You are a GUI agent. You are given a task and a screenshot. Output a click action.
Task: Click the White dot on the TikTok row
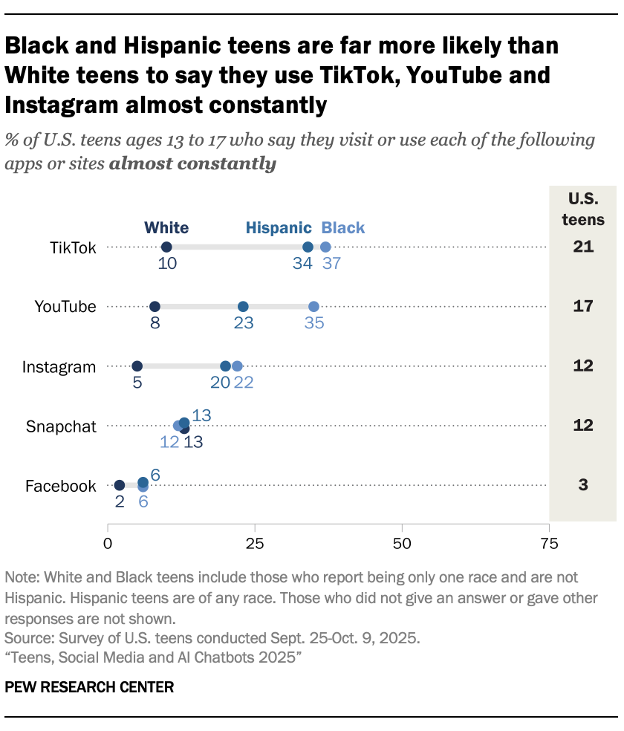[166, 247]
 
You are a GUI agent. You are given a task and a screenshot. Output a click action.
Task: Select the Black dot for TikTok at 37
[325, 247]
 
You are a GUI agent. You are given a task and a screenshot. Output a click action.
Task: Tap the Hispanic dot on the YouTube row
[243, 307]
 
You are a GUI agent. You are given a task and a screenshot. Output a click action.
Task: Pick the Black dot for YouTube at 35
[313, 307]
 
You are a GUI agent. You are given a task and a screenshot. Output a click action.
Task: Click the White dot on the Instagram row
[137, 366]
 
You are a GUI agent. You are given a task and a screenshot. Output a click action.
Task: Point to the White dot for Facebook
[120, 485]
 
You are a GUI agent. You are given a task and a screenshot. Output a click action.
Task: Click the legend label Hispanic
[279, 227]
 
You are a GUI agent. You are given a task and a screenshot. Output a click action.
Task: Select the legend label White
[166, 227]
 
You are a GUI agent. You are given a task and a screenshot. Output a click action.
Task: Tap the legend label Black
[343, 227]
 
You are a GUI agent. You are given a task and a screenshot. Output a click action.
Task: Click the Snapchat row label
[61, 426]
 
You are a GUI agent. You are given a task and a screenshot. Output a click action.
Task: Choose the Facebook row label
[61, 487]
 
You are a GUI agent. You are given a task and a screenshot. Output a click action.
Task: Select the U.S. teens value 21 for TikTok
[583, 247]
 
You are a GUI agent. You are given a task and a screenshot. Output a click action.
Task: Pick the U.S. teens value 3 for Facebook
[583, 485]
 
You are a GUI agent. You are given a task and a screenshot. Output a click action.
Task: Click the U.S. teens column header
[583, 209]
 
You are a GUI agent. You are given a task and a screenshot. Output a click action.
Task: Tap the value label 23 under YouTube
[243, 323]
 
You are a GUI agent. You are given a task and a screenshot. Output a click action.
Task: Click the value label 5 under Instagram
[137, 383]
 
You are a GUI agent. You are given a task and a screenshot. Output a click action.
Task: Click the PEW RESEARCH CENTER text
[89, 687]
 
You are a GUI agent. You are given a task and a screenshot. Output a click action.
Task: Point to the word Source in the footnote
[25, 637]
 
